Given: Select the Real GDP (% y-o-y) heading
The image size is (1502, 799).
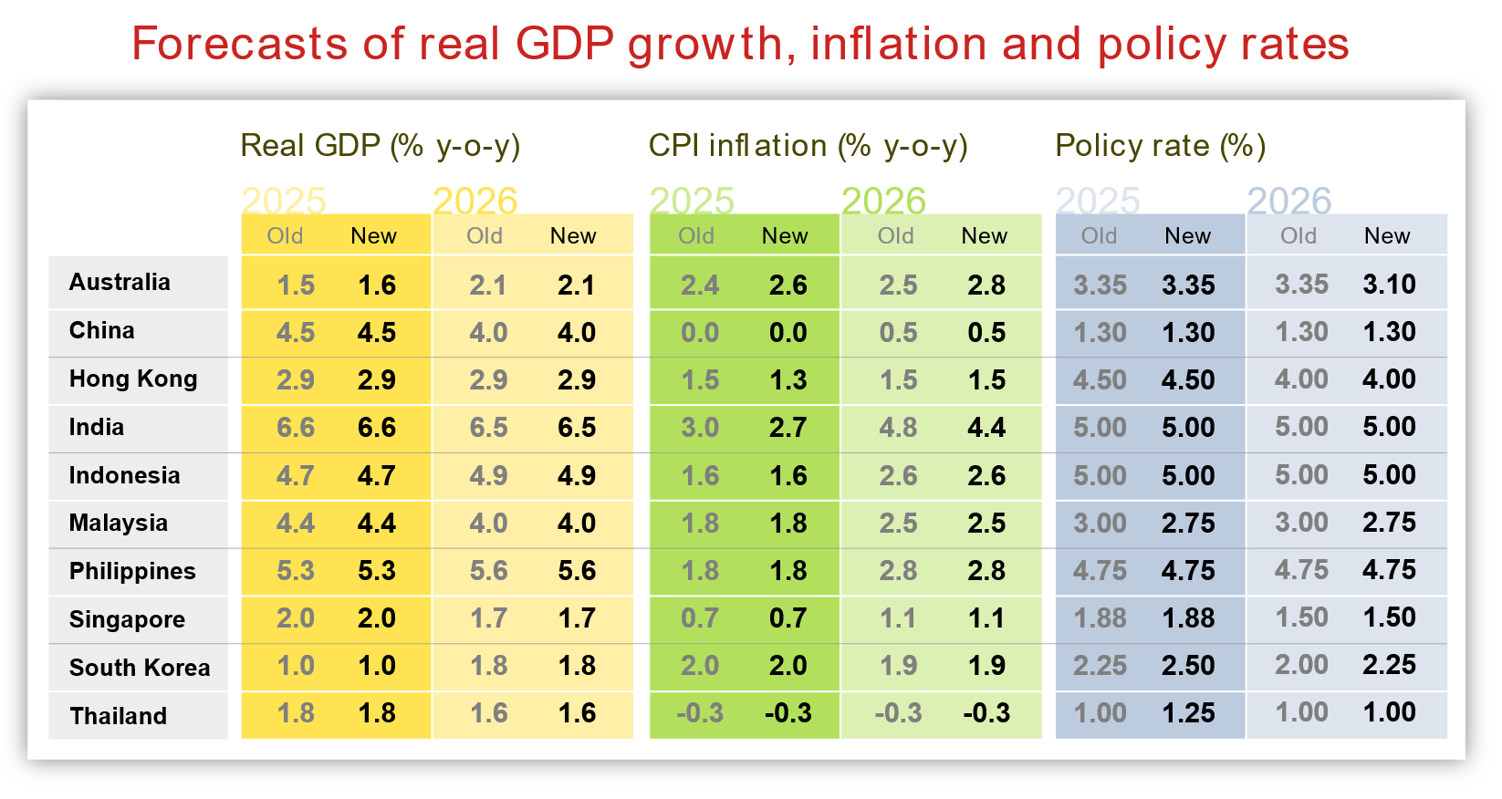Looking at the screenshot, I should click(x=380, y=146).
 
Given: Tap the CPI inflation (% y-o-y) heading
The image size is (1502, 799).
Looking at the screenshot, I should click(x=808, y=146).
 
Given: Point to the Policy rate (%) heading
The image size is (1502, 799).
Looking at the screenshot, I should click(x=1160, y=146).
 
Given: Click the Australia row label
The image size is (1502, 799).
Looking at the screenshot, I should click(x=120, y=283).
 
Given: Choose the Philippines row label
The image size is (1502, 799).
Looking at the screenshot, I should click(x=132, y=572).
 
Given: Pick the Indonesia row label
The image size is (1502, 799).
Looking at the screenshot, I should click(x=124, y=476).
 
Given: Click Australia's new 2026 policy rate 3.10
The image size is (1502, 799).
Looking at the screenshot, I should click(x=1389, y=285).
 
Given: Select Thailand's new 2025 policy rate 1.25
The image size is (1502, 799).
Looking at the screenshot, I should click(x=1188, y=713).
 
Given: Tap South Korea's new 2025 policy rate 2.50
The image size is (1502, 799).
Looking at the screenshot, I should click(x=1188, y=666).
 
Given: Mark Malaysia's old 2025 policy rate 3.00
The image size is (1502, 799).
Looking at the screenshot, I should click(x=1100, y=524).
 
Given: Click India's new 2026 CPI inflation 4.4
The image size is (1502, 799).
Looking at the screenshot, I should click(x=986, y=428).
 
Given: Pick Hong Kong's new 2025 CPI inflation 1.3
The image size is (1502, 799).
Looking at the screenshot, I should click(x=788, y=380).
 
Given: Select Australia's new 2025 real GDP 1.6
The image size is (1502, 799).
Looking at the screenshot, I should click(x=377, y=285).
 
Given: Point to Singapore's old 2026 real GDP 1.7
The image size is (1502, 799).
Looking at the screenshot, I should click(x=488, y=618).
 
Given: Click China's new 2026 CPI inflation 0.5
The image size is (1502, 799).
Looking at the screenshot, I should click(x=986, y=333).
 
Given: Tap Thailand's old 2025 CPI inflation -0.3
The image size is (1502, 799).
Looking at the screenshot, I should click(x=699, y=713).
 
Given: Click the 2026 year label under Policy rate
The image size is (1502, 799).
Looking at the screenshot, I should click(x=1288, y=201).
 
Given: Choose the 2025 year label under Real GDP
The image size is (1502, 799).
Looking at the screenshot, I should click(x=284, y=201).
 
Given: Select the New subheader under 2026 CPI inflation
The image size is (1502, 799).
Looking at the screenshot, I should click(x=984, y=236).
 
